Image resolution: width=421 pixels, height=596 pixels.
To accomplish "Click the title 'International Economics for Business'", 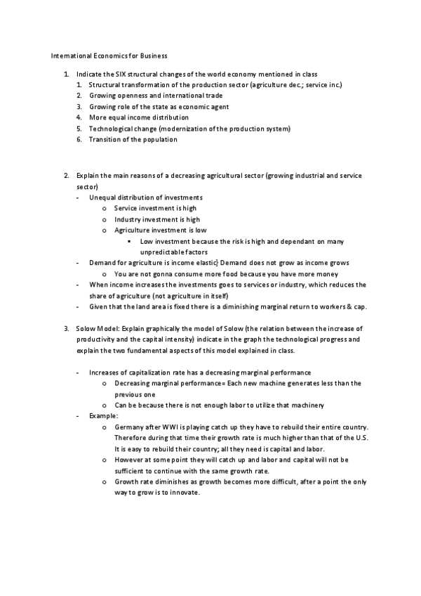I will point(108,54).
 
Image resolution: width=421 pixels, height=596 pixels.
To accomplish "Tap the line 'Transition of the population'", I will point(133,139).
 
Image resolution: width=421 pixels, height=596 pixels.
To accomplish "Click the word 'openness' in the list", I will point(131,96).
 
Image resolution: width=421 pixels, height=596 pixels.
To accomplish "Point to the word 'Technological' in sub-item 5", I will point(111,129).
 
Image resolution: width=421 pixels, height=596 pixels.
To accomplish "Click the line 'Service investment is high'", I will point(155,208).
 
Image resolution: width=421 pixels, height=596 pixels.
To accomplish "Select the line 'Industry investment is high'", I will point(156,219).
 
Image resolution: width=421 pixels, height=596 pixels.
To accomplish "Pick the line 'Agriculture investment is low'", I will point(160,230).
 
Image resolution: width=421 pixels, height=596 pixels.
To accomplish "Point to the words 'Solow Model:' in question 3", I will point(96,328).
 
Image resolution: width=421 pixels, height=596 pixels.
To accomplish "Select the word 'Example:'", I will point(104,415).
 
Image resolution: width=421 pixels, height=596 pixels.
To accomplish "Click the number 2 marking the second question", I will point(65,175).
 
